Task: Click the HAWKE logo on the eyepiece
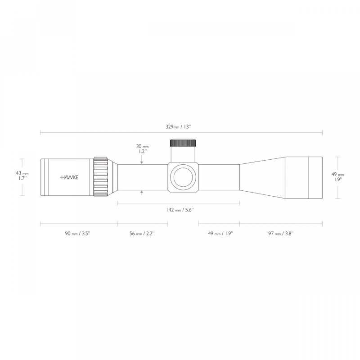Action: click(x=69, y=177)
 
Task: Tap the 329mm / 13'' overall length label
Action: click(x=178, y=127)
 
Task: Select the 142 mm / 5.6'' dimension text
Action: click(x=180, y=210)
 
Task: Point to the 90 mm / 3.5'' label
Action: click(x=77, y=234)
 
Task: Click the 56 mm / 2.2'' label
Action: click(x=142, y=234)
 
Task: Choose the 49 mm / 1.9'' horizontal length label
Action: click(x=220, y=234)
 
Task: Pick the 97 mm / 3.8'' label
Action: click(x=281, y=234)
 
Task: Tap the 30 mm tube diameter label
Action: click(x=142, y=149)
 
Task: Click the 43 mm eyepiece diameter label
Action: click(x=22, y=175)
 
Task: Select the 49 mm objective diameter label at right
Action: click(x=338, y=177)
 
